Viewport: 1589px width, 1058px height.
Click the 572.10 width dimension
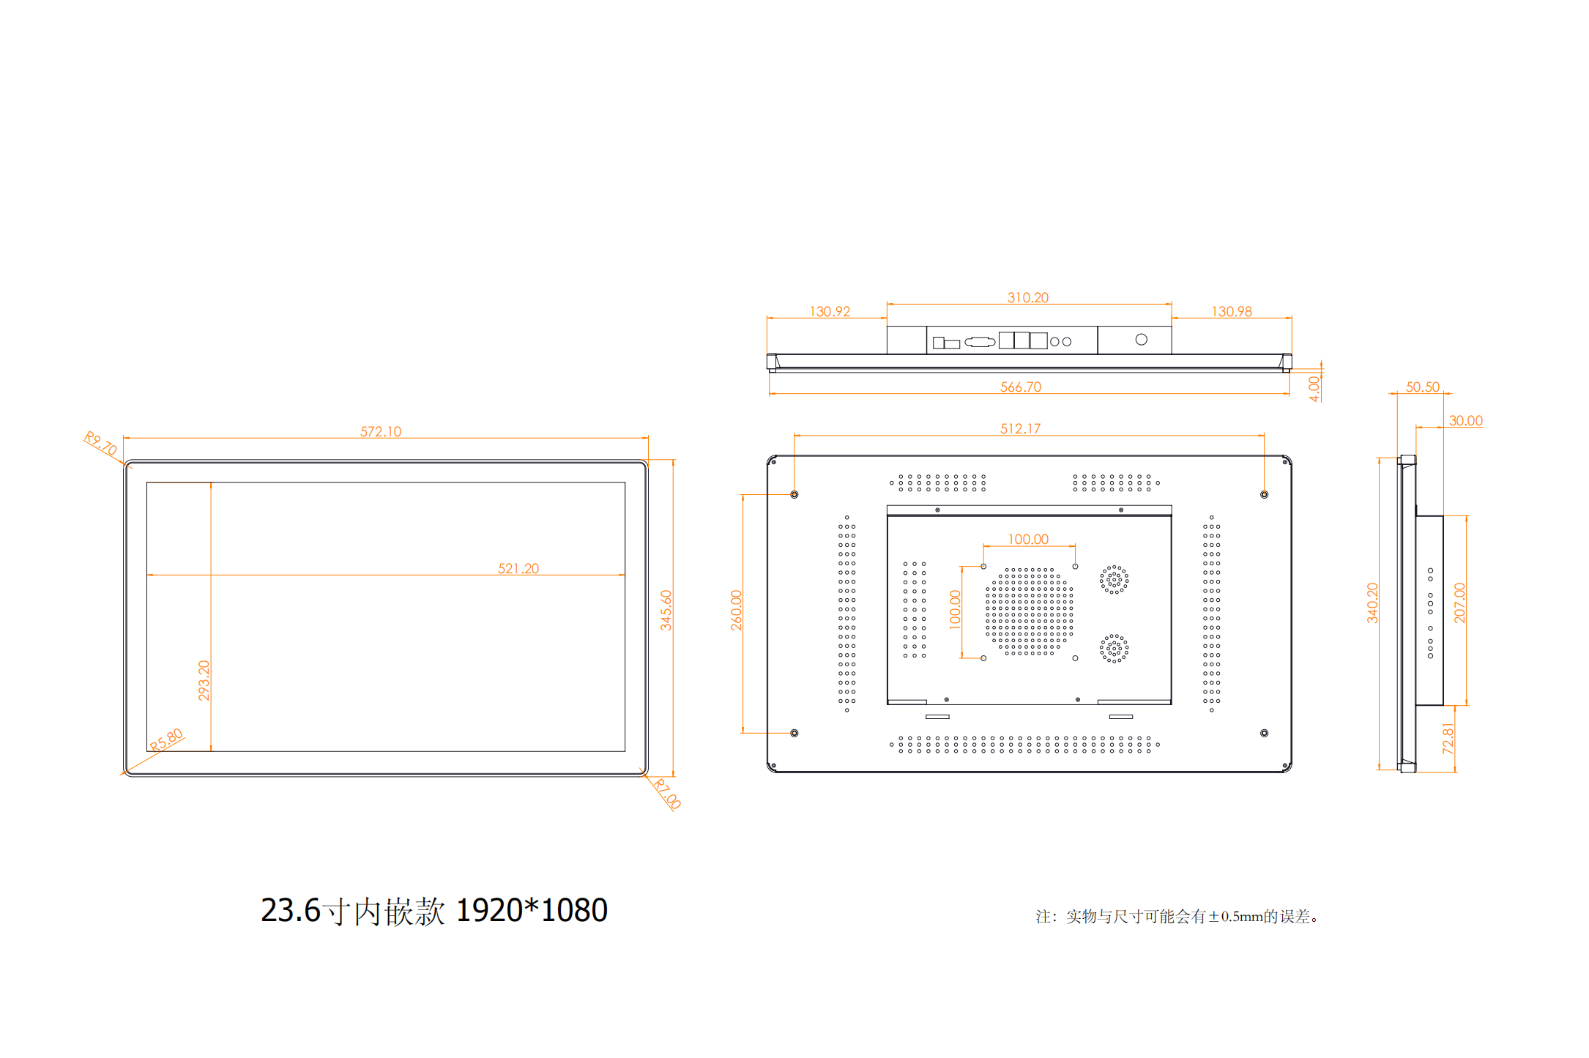[381, 431]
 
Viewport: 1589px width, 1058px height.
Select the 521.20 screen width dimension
[518, 568]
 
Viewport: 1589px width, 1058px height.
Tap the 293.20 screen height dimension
[204, 680]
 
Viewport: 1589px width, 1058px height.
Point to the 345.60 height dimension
[666, 610]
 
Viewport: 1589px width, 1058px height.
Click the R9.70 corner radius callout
[100, 443]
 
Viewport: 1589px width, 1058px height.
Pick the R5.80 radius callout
[166, 740]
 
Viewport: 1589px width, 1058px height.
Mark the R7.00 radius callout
[667, 794]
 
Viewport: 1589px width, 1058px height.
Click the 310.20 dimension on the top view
[1028, 297]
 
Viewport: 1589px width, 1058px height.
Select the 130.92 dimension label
[830, 311]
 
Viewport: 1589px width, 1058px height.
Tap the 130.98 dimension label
[1232, 311]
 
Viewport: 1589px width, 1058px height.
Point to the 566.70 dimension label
[1021, 387]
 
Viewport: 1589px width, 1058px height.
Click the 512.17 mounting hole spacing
[1021, 428]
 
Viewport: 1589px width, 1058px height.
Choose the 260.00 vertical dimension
[736, 610]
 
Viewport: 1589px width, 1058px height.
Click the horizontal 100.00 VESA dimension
[1028, 539]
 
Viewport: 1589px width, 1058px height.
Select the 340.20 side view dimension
[1372, 603]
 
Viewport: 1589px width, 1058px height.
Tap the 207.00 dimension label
[1459, 603]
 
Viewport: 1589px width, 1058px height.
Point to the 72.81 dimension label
[1448, 738]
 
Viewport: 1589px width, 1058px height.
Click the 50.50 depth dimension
[1422, 387]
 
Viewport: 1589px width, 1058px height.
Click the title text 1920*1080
[532, 910]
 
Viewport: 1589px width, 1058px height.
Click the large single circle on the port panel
[1141, 340]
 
